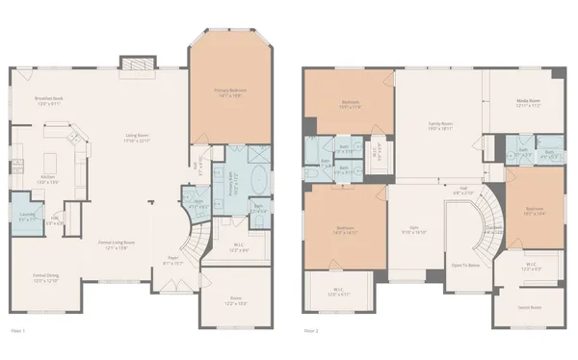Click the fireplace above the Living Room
pos(132,63)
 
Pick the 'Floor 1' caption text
pos(17,330)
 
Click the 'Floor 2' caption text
pos(310,330)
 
